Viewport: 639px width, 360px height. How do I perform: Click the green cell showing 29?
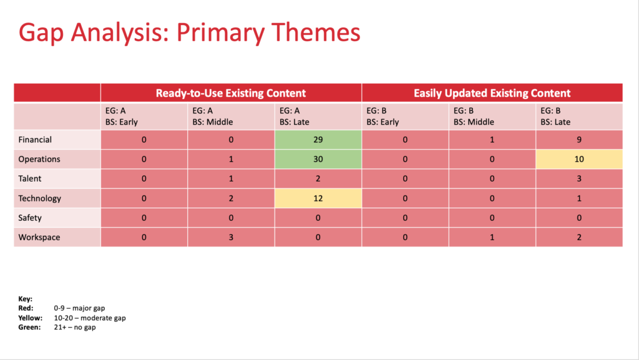[318, 140]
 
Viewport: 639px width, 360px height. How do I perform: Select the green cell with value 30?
[318, 159]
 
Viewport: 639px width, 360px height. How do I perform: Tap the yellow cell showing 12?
[318, 198]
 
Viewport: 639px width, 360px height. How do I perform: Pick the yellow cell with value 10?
[579, 159]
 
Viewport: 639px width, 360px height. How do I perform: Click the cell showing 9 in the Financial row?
[579, 140]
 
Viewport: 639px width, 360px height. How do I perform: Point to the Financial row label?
[35, 140]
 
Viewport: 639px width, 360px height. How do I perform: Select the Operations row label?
[39, 159]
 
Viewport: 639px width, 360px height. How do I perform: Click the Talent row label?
[30, 178]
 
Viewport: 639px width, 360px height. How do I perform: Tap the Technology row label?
[39, 198]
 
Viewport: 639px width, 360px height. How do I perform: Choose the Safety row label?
[30, 218]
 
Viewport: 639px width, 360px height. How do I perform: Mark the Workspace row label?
[39, 237]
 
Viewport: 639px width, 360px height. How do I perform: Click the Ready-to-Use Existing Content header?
[231, 93]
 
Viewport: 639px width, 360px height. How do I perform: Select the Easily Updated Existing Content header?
[492, 93]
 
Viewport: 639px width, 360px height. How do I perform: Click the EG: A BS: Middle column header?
[213, 117]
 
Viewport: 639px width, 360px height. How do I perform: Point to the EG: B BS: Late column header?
[555, 117]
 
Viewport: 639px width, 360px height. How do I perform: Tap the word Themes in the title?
[316, 32]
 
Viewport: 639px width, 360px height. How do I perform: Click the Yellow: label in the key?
[30, 318]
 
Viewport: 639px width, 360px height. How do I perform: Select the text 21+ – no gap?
[75, 328]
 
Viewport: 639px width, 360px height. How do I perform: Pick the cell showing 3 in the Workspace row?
[231, 237]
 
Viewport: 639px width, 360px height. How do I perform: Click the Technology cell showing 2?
[231, 198]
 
